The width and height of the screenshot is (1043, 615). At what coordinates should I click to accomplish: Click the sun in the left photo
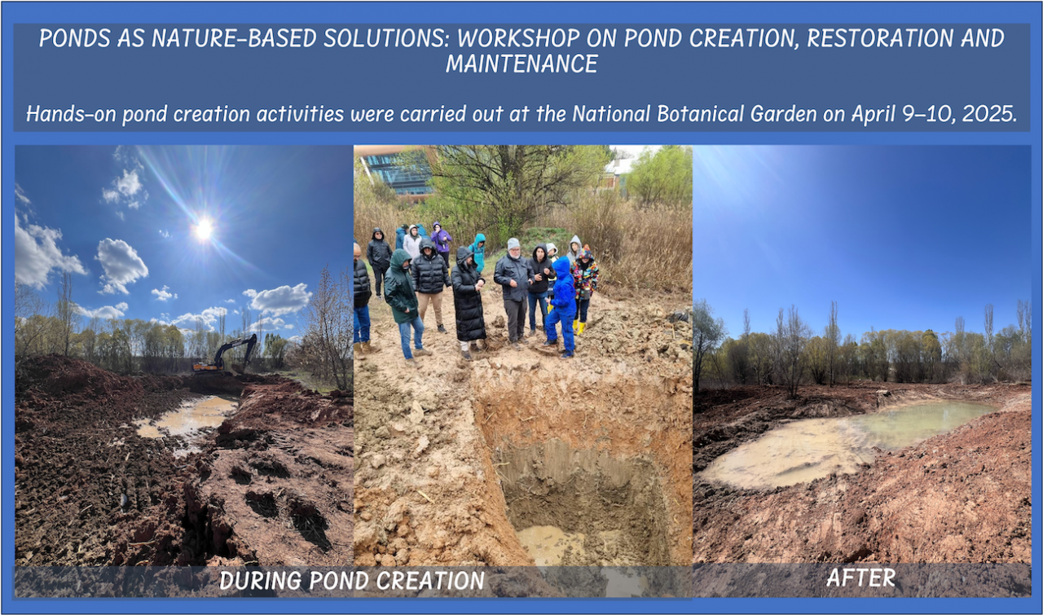coord(204,229)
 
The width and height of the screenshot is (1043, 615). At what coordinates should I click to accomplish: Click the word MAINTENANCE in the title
coord(521,64)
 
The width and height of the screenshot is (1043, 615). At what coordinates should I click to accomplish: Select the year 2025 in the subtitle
coord(989,113)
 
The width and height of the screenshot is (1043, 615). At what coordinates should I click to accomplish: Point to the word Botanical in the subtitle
coord(733,113)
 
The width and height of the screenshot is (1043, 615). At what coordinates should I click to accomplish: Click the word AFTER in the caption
coord(861,578)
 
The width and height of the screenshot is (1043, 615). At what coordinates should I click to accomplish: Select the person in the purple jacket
coord(441,239)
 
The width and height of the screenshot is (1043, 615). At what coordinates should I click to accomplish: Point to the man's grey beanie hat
coord(513,244)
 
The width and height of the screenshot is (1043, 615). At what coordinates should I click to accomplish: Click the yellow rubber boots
coord(579,327)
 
